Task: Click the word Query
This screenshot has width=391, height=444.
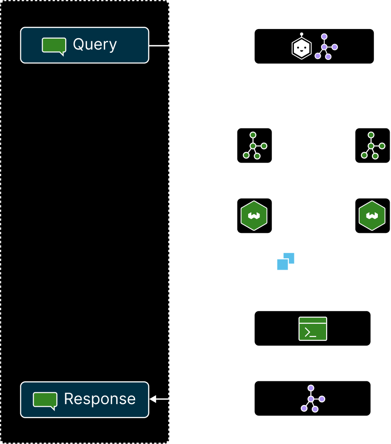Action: pyautogui.click(x=95, y=44)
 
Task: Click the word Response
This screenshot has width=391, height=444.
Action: pyautogui.click(x=100, y=399)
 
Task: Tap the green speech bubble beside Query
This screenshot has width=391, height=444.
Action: pyautogui.click(x=54, y=46)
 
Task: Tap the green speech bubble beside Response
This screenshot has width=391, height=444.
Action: pyautogui.click(x=45, y=400)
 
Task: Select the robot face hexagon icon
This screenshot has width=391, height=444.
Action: pyautogui.click(x=301, y=47)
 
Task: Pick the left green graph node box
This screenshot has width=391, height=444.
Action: pyautogui.click(x=254, y=145)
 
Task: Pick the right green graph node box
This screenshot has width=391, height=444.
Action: pyautogui.click(x=372, y=145)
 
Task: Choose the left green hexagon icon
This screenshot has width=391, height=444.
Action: pyautogui.click(x=254, y=216)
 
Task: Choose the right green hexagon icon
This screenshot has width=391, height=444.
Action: pyautogui.click(x=372, y=216)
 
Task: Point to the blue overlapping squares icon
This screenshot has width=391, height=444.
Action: pyautogui.click(x=286, y=261)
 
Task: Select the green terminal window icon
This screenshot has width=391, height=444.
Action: pyautogui.click(x=313, y=329)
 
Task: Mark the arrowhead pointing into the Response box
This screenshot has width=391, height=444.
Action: pyautogui.click(x=153, y=399)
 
